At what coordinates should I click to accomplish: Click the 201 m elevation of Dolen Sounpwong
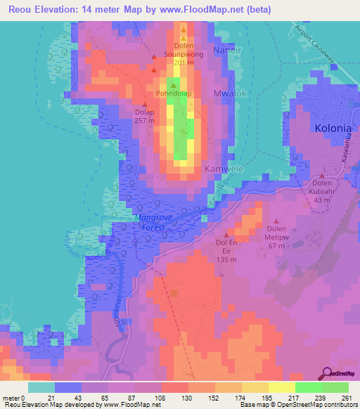coord(183,63)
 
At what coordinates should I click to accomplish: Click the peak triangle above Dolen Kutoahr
coord(322,176)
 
